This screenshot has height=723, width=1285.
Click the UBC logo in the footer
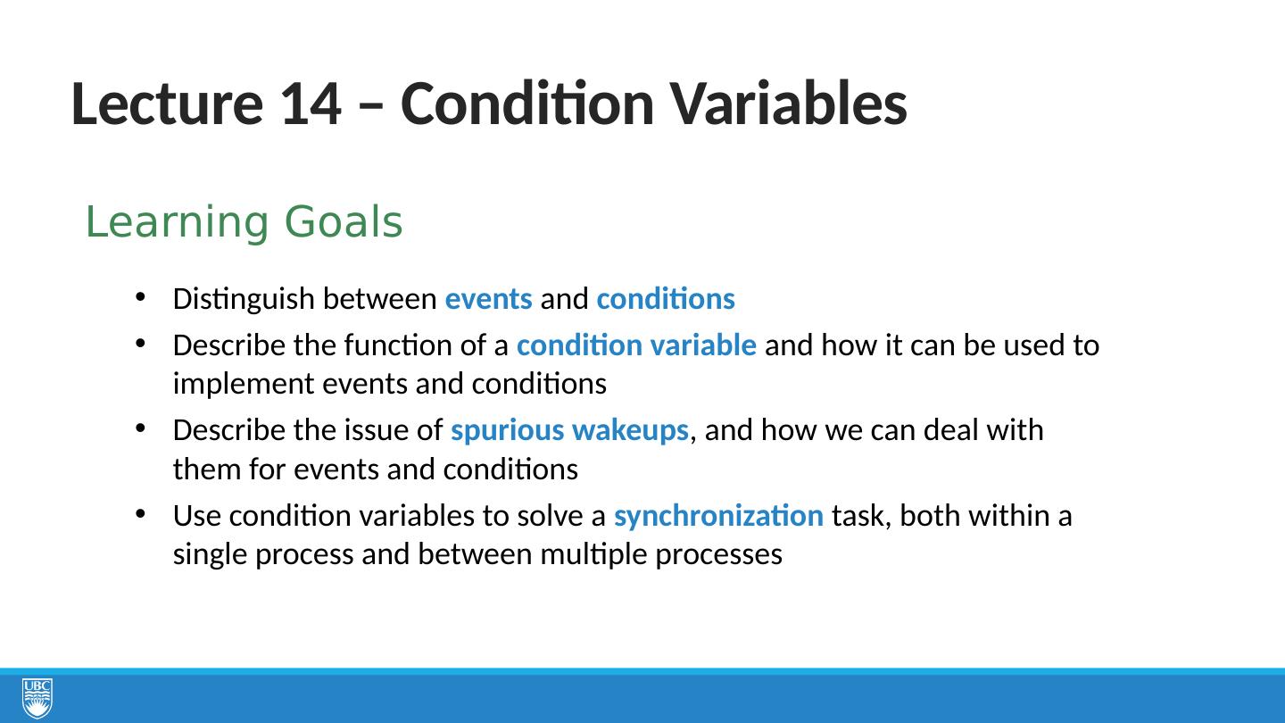point(37,697)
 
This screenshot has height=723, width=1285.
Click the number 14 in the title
point(311,104)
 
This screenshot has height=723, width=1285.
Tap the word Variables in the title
point(789,104)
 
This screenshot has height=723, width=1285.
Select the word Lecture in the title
point(167,104)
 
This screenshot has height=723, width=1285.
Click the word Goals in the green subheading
point(344,221)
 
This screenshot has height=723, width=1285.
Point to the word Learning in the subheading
point(177,223)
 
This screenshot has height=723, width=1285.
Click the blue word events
point(489,299)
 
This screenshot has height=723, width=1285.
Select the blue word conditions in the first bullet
point(666,298)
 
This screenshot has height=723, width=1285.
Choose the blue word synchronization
point(719,516)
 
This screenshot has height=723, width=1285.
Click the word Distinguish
point(244,300)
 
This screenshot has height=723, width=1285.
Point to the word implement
point(244,385)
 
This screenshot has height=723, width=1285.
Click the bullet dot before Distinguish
point(141,297)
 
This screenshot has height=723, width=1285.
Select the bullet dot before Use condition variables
point(141,514)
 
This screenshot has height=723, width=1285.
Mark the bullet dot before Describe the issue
point(141,428)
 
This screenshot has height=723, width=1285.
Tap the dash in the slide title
point(371,107)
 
